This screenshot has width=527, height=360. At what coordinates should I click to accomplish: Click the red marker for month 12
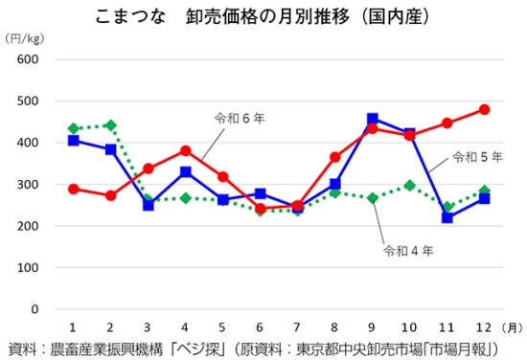pos(484,109)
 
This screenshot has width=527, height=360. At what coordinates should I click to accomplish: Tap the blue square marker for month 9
pos(373,120)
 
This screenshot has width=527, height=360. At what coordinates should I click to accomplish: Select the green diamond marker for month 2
pos(111,125)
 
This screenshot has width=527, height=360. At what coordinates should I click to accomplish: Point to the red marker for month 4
pos(186,150)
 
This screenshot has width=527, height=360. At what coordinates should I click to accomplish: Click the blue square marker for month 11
pos(447,217)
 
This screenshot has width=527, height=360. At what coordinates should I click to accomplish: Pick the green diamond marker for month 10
pos(409,185)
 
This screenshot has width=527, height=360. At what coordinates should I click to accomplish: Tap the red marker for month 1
pos(75,189)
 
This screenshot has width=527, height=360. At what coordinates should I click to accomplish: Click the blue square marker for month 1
pos(75,140)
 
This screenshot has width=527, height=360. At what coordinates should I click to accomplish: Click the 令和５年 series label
pos(476,156)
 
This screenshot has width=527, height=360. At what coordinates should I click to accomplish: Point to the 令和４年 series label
pos(408,251)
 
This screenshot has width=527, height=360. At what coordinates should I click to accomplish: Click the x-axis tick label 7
pos(298,327)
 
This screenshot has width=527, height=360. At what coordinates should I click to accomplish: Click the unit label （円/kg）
pos(24,38)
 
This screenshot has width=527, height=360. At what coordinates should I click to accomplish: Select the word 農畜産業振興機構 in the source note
pos(98,348)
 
